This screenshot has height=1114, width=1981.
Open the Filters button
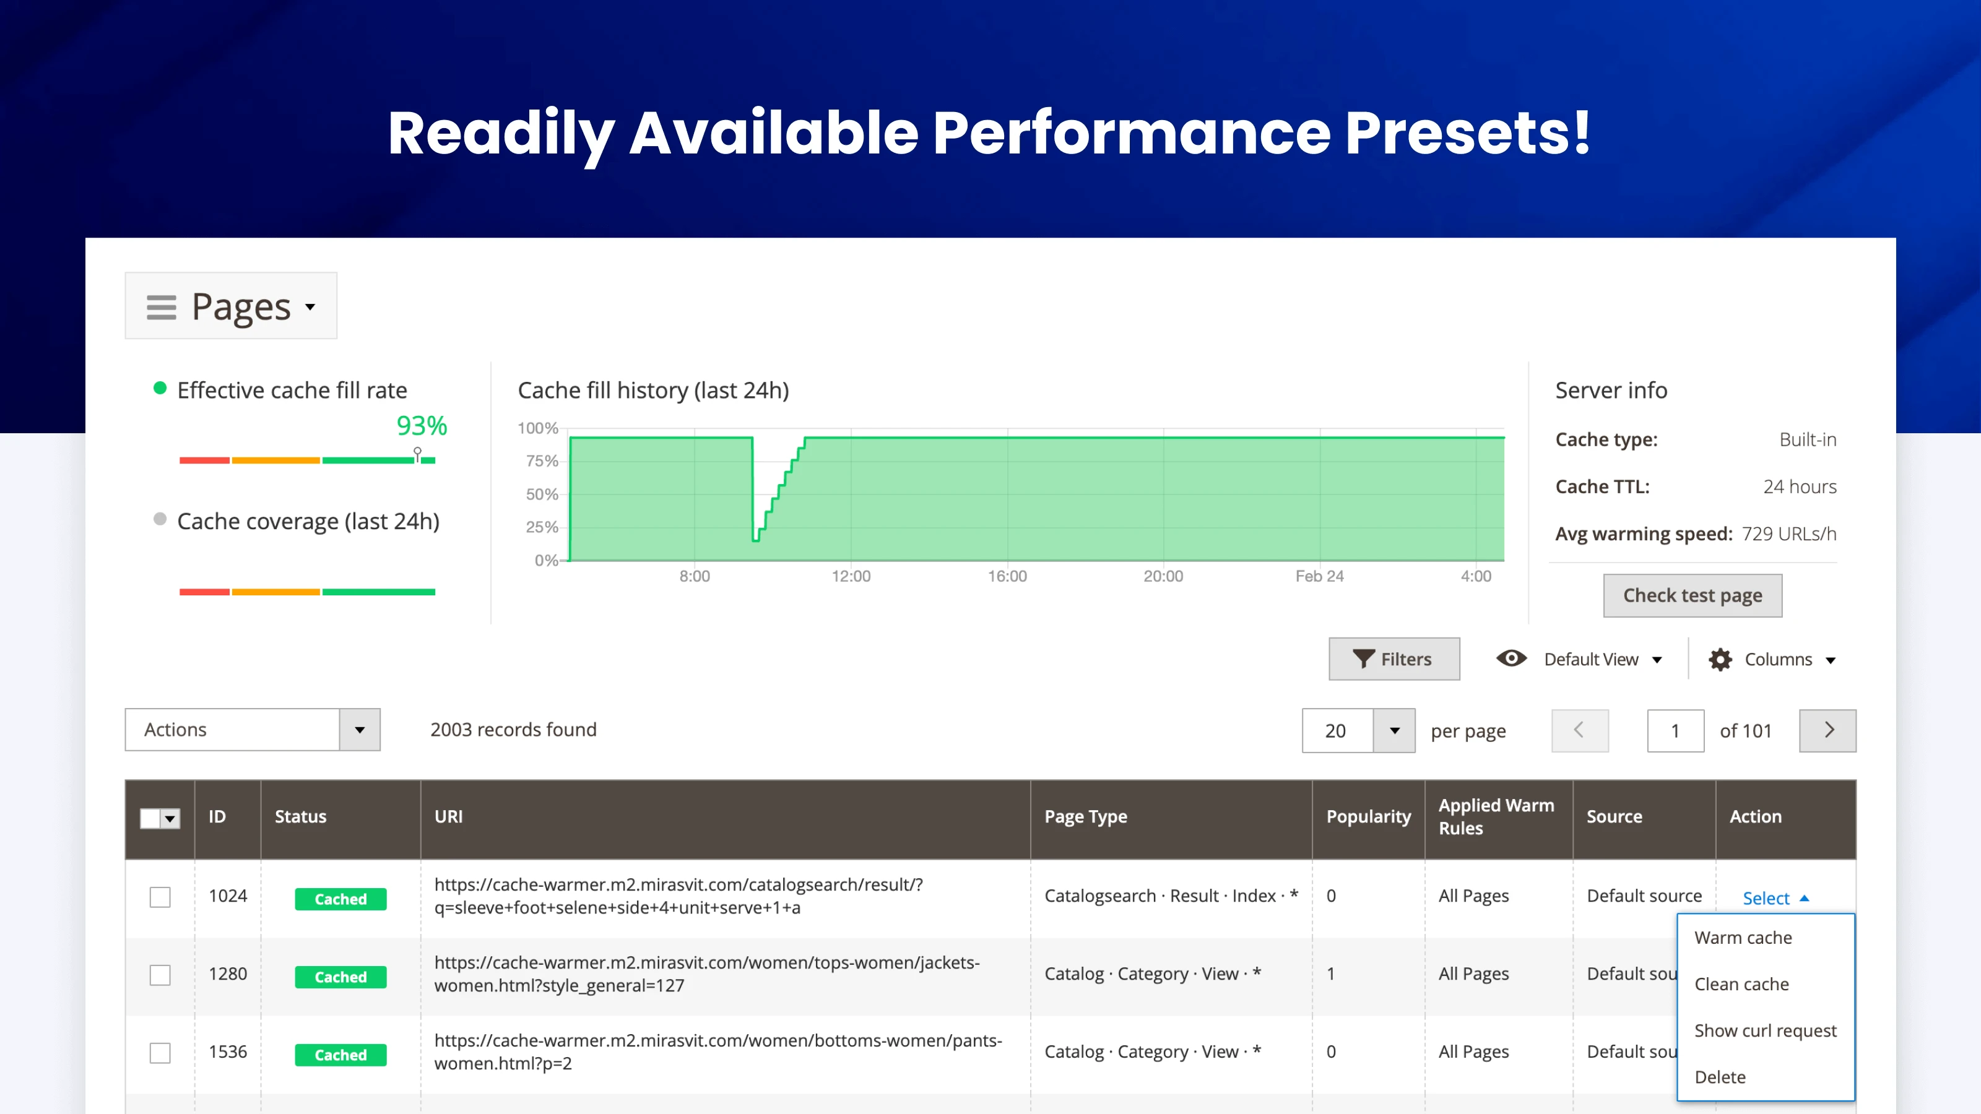tap(1394, 659)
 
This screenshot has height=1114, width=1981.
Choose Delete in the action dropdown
tap(1720, 1076)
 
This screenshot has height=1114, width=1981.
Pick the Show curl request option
tap(1765, 1030)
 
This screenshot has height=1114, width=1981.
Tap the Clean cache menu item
tap(1741, 984)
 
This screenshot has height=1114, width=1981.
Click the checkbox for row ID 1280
tap(160, 975)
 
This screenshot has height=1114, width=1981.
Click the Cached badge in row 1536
tap(340, 1055)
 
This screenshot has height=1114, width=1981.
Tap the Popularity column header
tap(1368, 816)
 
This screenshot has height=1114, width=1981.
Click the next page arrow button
tap(1827, 730)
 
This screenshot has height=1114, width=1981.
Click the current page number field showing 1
tap(1675, 730)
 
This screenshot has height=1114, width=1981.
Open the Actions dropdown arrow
tap(359, 730)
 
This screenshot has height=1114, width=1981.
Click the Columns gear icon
tap(1720, 660)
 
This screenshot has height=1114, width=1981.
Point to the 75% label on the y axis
tap(542, 460)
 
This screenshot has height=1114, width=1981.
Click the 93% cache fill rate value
tap(422, 425)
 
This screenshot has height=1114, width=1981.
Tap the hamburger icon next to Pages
tap(162, 307)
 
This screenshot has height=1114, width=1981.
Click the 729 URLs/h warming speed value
tap(1788, 533)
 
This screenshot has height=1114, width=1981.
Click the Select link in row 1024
tap(1766, 898)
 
